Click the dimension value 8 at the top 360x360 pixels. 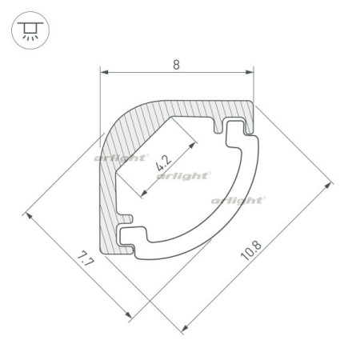[x=176, y=65]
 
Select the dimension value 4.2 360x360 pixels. [x=163, y=163]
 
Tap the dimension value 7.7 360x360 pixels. [x=86, y=259]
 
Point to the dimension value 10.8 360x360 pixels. [x=251, y=250]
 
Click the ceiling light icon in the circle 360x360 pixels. [x=30, y=30]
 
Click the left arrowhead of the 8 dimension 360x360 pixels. [x=104, y=72]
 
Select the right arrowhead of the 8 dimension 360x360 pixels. [x=250, y=72]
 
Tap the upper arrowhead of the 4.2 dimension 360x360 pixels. [x=192, y=145]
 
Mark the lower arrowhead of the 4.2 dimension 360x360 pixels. [x=144, y=193]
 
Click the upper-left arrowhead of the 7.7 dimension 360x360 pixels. [x=29, y=216]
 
